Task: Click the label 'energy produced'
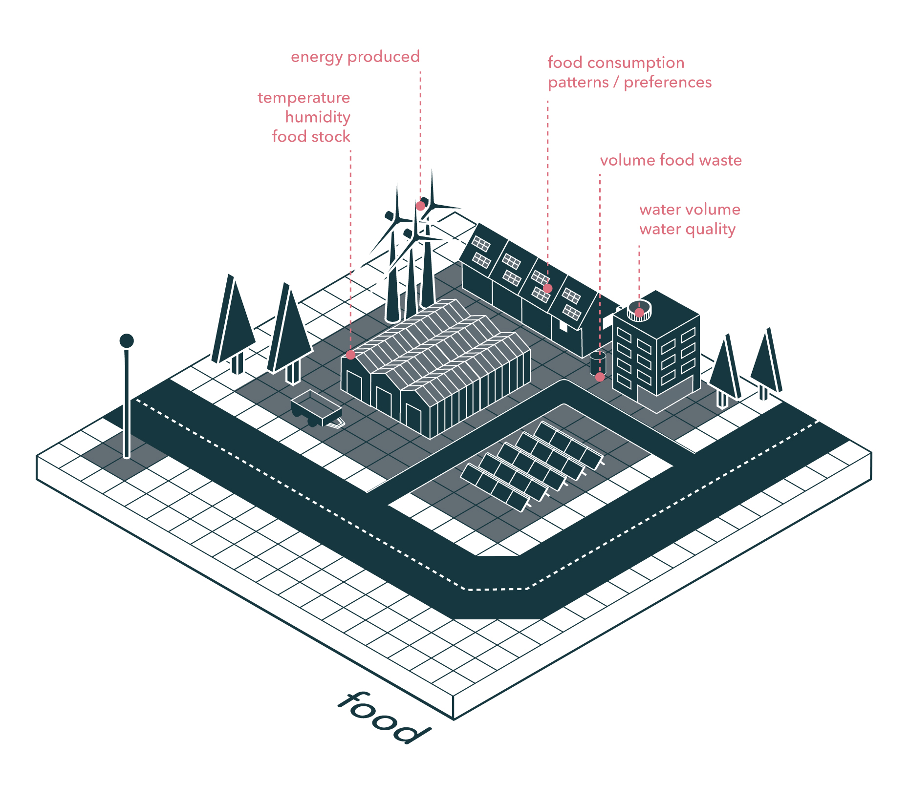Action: pyautogui.click(x=355, y=57)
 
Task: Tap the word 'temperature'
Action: pyautogui.click(x=303, y=98)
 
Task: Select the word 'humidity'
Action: pyautogui.click(x=318, y=118)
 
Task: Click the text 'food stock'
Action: pyautogui.click(x=311, y=137)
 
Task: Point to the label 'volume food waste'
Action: pyautogui.click(x=671, y=161)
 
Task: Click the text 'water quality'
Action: pyautogui.click(x=687, y=230)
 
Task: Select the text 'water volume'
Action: pyautogui.click(x=690, y=210)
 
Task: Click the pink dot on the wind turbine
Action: pyautogui.click(x=420, y=206)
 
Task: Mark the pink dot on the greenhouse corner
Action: pyautogui.click(x=350, y=355)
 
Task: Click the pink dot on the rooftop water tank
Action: pyautogui.click(x=639, y=313)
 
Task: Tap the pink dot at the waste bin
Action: pyautogui.click(x=600, y=377)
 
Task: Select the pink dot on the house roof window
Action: pyautogui.click(x=548, y=289)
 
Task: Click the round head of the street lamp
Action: pyautogui.click(x=127, y=340)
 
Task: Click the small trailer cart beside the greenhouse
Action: pyautogui.click(x=315, y=408)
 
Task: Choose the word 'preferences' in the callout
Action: pyautogui.click(x=668, y=83)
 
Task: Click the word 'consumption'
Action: pyautogui.click(x=636, y=63)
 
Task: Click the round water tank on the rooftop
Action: pyautogui.click(x=639, y=310)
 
